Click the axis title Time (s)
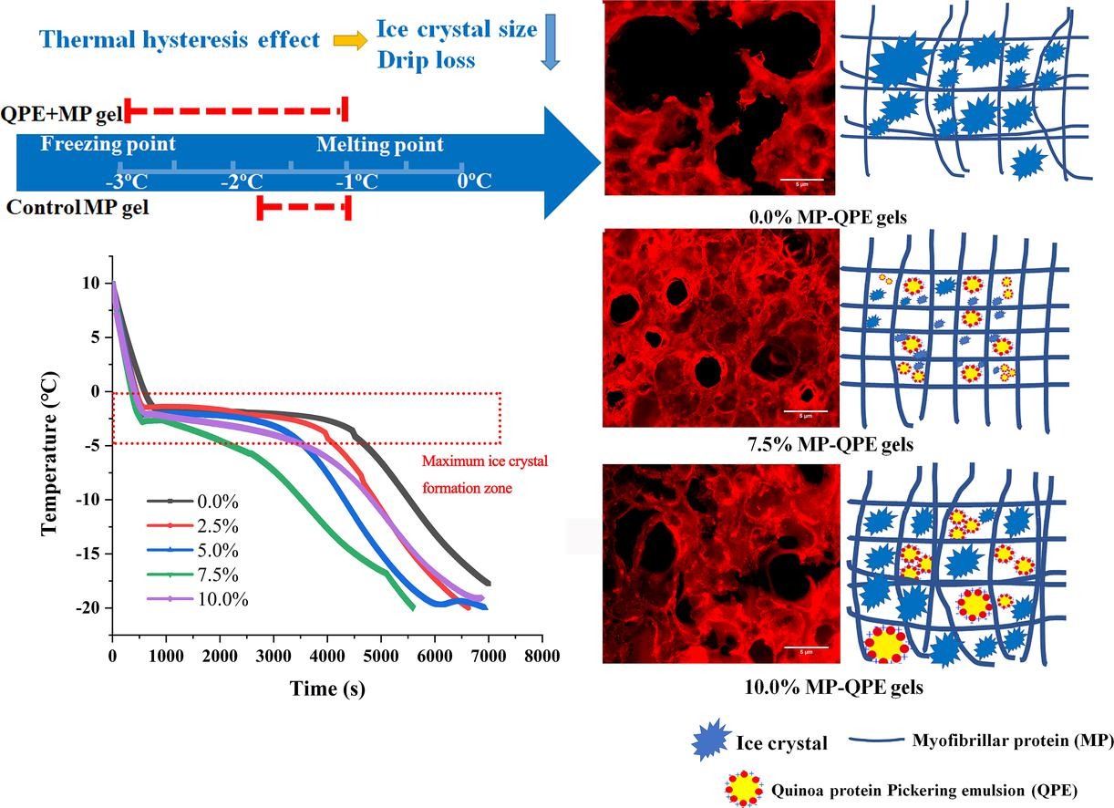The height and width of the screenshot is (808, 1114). [327, 689]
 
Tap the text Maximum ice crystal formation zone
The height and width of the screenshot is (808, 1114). [483, 473]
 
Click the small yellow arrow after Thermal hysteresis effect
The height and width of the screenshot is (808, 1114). [346, 40]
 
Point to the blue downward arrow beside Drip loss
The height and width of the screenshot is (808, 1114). [550, 42]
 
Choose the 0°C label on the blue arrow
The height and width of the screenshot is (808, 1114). [474, 181]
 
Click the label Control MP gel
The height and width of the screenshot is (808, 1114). [77, 207]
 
